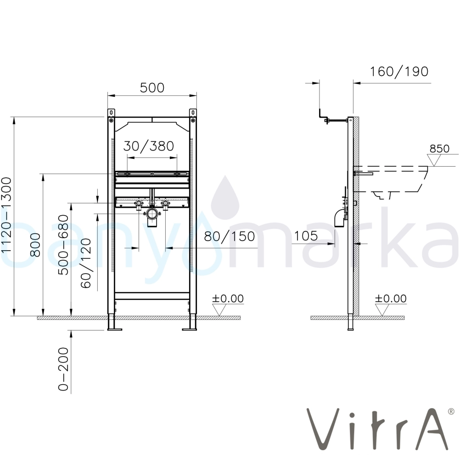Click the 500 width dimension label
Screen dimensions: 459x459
tap(152, 88)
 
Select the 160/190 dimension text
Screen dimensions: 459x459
tap(399, 72)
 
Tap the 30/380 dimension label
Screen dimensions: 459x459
tap(149, 146)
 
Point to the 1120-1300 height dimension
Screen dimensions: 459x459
tap(6, 215)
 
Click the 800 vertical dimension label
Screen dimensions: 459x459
tap(35, 245)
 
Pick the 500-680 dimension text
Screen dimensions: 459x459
tap(63, 245)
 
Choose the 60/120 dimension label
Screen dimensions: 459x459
tap(86, 263)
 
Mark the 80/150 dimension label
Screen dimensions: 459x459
tap(229, 236)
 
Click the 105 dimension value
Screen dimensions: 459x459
tap(306, 236)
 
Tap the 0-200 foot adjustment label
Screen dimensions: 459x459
tap(63, 369)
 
